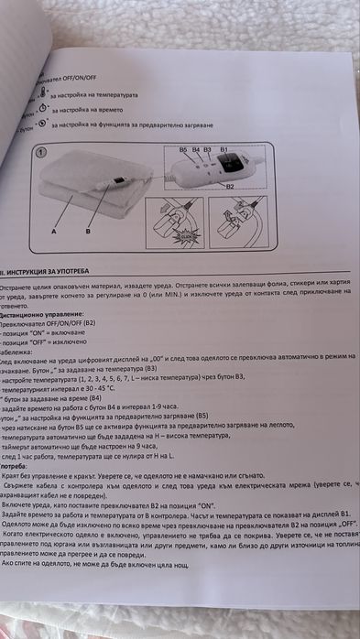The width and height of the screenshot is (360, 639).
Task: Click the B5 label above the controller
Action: (x=183, y=149)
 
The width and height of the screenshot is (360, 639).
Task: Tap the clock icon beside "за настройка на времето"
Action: (x=41, y=107)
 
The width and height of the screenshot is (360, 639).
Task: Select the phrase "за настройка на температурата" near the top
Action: (x=95, y=94)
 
